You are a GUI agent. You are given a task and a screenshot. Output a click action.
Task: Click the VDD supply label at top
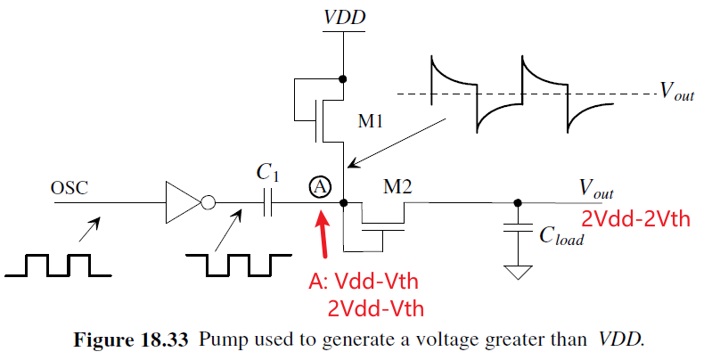tap(343, 17)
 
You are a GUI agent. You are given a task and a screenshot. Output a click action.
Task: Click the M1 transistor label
tap(372, 121)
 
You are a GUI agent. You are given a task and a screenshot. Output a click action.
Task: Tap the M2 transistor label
tap(394, 186)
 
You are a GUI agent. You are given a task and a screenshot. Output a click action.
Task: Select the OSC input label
tap(70, 188)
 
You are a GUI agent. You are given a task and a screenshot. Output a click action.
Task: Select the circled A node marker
tap(321, 186)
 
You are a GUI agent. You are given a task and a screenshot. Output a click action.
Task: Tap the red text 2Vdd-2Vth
tap(635, 219)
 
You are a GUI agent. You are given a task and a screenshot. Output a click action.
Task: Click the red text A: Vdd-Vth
tap(363, 282)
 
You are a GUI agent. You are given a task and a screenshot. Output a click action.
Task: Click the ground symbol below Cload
tap(515, 271)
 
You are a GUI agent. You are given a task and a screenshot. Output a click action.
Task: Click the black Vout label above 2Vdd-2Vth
tap(597, 188)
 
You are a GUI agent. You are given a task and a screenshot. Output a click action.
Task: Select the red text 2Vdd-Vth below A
tap(374, 309)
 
